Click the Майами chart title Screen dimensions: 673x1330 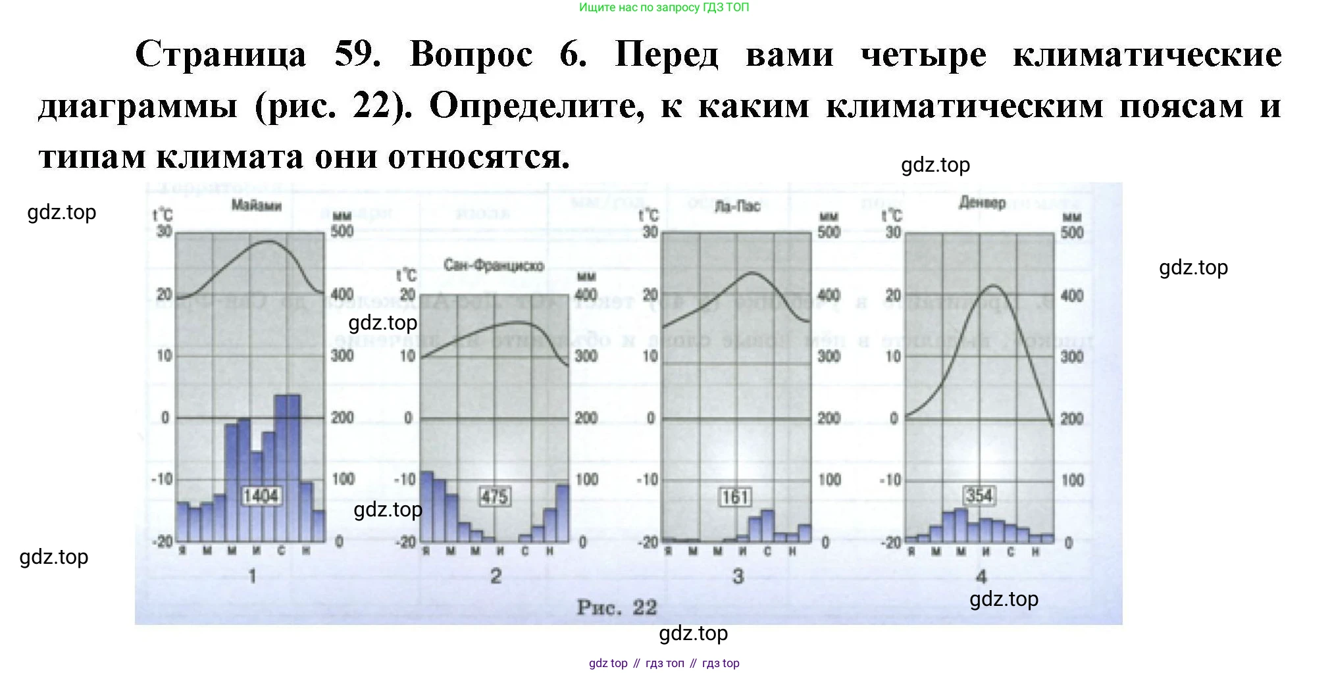coord(256,206)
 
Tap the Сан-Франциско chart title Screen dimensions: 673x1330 coord(494,266)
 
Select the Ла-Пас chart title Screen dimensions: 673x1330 coord(737,207)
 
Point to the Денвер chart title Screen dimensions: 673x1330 coord(982,203)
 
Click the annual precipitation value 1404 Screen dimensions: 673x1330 coord(261,495)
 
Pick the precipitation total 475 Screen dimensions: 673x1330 coord(494,496)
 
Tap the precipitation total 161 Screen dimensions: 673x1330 coord(735,497)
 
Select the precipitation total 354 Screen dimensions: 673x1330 coord(979,495)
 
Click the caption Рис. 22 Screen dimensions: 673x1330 coord(617,607)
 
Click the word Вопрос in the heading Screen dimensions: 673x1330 coord(471,54)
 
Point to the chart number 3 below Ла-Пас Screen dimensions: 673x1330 coord(738,576)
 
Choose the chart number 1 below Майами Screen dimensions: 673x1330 coord(252,576)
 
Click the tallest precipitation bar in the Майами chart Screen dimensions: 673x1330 coord(288,467)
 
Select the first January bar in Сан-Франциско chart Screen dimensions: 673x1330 coord(427,507)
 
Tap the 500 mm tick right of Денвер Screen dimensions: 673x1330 coord(1072,232)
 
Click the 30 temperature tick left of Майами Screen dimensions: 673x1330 coord(164,232)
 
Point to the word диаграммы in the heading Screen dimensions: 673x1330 coord(138,106)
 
